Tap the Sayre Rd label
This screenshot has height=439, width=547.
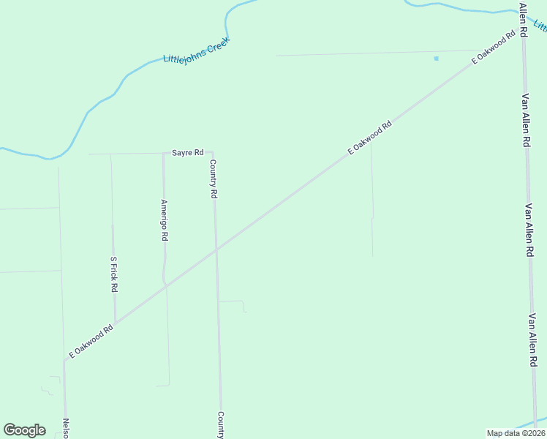[x=187, y=153]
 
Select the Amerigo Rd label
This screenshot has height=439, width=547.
[x=165, y=220]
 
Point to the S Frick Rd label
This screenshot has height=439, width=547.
[x=113, y=274]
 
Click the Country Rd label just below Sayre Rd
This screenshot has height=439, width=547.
[x=214, y=179]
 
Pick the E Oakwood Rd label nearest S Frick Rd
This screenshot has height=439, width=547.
[x=91, y=341]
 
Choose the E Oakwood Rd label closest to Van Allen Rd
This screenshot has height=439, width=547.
[x=489, y=48]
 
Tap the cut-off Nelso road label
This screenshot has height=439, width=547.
[x=66, y=428]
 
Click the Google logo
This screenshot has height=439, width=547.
[x=24, y=430]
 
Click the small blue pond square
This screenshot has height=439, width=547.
[x=437, y=58]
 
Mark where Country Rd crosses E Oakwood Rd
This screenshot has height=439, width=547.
[x=216, y=250]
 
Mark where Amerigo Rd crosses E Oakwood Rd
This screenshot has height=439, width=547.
[x=166, y=286]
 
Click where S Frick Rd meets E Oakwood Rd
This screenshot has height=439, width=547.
[x=115, y=323]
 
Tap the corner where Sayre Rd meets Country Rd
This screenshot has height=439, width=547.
[x=212, y=153]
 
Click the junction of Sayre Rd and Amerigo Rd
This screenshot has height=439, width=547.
[x=163, y=154]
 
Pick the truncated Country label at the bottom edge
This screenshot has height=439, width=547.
[x=220, y=425]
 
